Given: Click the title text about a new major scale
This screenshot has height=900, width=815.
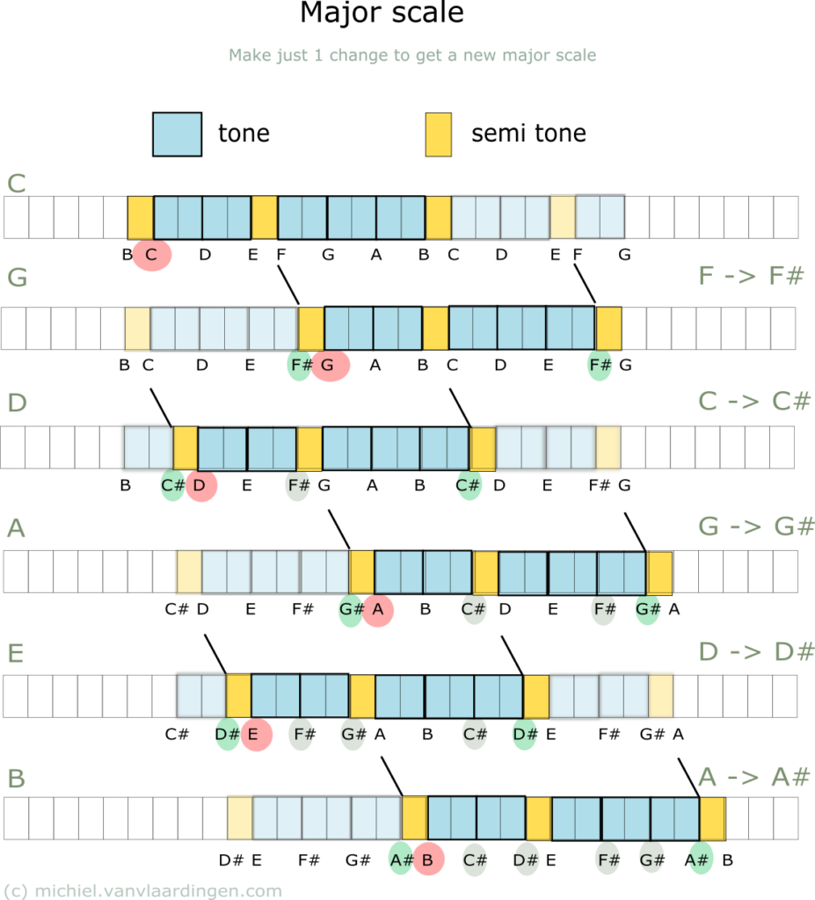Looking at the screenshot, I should click(x=412, y=55).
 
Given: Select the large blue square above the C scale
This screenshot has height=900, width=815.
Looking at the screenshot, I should click(x=177, y=134).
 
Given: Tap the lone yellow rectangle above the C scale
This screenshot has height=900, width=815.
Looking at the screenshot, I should click(x=438, y=134).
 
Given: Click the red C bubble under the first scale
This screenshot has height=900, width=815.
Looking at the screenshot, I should click(x=151, y=255).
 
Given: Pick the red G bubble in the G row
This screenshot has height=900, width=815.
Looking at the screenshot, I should click(x=330, y=365).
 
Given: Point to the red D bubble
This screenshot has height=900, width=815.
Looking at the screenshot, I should click(x=200, y=484).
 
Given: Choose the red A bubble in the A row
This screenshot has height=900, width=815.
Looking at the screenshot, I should click(x=378, y=608).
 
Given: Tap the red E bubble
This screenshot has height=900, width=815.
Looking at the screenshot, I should click(x=255, y=734).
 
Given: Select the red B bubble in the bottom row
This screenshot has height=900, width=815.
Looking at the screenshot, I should click(x=428, y=860).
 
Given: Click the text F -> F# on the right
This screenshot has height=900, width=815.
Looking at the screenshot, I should click(x=750, y=276).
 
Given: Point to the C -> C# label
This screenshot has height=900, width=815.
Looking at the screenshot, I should click(x=753, y=402).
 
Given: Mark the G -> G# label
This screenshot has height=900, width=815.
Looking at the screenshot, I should click(x=755, y=527).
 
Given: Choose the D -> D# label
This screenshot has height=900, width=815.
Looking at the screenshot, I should click(x=755, y=652).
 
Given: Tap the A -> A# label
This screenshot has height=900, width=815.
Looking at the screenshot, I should click(x=754, y=777).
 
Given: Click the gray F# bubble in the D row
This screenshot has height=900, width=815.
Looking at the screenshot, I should click(x=298, y=484).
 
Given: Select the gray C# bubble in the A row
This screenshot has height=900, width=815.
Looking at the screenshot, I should click(x=475, y=608).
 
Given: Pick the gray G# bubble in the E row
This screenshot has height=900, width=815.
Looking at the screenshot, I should click(x=353, y=734).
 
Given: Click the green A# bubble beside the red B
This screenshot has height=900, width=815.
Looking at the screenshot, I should click(x=400, y=860).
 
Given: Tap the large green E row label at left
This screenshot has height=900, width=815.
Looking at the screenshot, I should click(x=15, y=654).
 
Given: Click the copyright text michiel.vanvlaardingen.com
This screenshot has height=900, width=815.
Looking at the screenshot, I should click(x=142, y=890).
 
